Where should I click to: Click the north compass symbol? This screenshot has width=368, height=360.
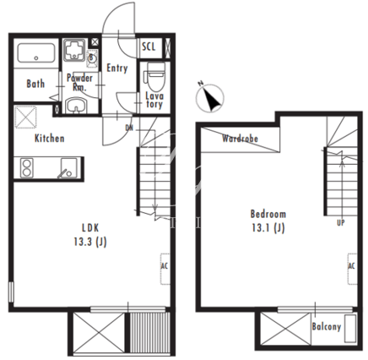(x=210, y=97)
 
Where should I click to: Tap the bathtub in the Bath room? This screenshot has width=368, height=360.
(x=36, y=53)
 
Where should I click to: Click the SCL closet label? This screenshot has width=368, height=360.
(x=149, y=46)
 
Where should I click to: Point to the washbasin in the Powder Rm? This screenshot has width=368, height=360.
(x=77, y=106)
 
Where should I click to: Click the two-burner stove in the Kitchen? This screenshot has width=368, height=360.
(x=27, y=168)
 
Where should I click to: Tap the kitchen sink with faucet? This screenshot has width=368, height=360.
(x=68, y=168)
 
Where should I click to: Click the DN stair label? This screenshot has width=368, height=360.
(x=129, y=128)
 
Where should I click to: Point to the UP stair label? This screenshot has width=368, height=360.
(x=341, y=223)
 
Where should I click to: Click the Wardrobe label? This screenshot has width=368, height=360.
(x=240, y=139)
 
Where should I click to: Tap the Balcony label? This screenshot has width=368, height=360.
(x=327, y=326)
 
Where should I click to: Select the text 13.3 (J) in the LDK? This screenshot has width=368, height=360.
(x=90, y=242)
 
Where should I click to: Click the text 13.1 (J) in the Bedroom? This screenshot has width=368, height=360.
(x=268, y=227)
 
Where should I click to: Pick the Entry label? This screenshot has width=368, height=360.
(x=117, y=68)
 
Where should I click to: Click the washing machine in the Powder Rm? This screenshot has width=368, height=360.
(x=74, y=50)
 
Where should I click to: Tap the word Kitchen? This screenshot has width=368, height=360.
(x=49, y=139)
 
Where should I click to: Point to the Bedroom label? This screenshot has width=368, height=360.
(x=268, y=214)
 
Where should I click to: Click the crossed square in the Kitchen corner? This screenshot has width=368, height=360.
(x=25, y=117)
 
